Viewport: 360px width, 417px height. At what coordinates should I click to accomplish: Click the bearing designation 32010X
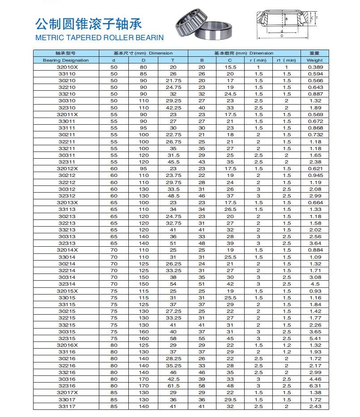click(x=67, y=67)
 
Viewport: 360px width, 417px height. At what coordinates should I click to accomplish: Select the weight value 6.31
click(x=315, y=386)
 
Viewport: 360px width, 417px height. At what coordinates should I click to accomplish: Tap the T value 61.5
click(x=173, y=386)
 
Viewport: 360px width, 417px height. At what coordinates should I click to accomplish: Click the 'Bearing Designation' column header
click(x=66, y=60)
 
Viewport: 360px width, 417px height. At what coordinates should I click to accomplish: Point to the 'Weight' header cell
click(x=315, y=60)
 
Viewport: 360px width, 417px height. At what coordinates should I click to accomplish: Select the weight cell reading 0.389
click(x=315, y=67)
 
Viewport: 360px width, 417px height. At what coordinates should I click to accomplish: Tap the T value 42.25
click(x=173, y=108)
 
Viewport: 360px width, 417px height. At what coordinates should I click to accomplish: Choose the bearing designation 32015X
click(x=67, y=291)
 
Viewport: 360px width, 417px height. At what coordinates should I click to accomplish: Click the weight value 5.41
click(x=315, y=338)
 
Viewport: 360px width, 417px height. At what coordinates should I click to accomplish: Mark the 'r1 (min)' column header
click(x=286, y=60)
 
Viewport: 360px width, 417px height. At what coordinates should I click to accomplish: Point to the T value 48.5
click(x=173, y=196)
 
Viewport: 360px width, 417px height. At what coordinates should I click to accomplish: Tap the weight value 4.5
click(x=315, y=284)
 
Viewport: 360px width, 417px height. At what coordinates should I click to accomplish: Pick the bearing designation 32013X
click(x=67, y=202)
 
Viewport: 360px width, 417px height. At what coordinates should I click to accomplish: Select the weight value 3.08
click(x=315, y=277)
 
